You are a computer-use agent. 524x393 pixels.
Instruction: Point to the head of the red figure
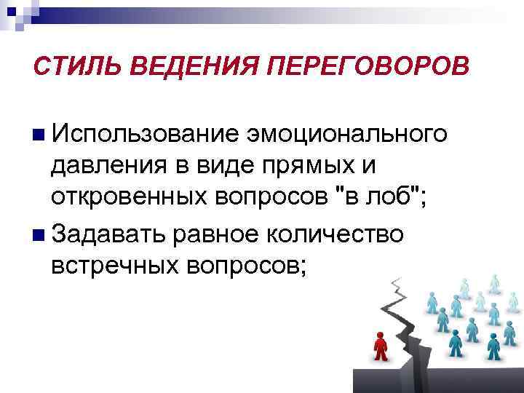point(378,335)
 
